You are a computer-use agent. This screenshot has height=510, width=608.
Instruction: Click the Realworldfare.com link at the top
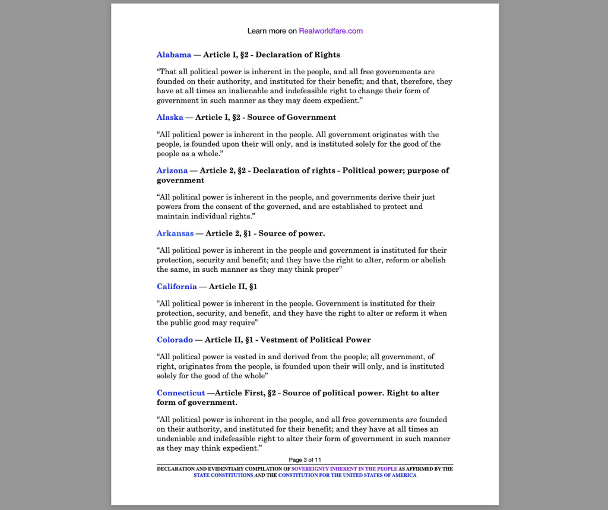click(331, 31)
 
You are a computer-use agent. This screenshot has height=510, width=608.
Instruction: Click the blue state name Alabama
click(174, 55)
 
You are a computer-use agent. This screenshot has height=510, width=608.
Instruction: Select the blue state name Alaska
click(170, 117)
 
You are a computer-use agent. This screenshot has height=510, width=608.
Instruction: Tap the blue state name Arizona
click(172, 170)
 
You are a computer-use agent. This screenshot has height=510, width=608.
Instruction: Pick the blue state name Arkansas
click(175, 233)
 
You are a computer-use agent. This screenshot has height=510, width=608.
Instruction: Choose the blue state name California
click(177, 286)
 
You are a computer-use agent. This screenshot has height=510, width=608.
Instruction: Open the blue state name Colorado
click(175, 340)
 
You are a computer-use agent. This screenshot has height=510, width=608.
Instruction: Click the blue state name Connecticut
click(181, 393)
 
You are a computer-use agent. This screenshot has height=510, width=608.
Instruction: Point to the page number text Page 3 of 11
click(305, 460)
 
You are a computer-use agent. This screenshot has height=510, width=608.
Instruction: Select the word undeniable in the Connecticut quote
click(178, 439)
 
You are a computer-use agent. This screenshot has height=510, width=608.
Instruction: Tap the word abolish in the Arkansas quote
click(432, 259)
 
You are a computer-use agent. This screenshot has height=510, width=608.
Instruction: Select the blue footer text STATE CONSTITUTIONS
click(223, 475)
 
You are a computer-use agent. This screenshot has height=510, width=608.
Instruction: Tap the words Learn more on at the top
click(272, 31)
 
